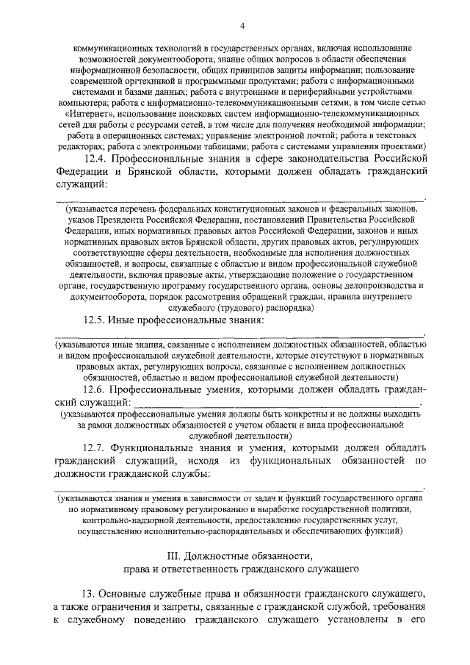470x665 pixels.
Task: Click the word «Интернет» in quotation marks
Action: [x=92, y=115]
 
